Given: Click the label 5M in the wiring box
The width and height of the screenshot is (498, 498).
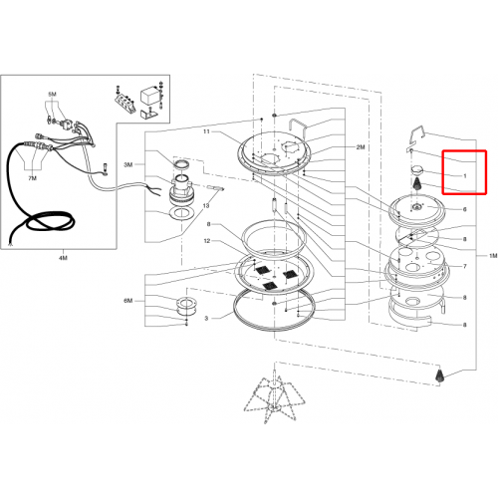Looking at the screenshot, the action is (52, 95).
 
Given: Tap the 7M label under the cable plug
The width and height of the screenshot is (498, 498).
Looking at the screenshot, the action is (32, 178).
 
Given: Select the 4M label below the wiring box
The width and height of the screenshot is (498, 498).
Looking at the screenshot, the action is (63, 258).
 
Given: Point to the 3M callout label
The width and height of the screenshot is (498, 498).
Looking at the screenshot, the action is (128, 164).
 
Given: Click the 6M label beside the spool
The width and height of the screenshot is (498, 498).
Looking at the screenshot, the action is (128, 301).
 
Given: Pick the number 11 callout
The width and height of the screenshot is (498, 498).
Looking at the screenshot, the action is (206, 131).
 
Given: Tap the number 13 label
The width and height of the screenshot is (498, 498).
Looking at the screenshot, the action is (206, 206).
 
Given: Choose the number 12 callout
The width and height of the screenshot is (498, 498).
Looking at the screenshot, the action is (207, 241).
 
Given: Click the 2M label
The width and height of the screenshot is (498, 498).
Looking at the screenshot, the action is (361, 147).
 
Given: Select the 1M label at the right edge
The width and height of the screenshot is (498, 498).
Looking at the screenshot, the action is (493, 256).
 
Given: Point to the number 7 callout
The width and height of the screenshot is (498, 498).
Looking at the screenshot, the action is (465, 266).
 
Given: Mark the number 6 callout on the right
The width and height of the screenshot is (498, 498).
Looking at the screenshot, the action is (465, 209).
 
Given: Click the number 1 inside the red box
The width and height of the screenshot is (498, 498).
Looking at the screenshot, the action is (465, 176).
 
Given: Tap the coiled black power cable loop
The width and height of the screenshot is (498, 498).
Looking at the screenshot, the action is (50, 222).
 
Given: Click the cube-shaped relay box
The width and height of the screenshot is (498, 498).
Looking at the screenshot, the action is (148, 97).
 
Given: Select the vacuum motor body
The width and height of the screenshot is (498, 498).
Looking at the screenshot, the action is (181, 191).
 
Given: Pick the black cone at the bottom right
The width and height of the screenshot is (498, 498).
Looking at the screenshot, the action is (439, 375).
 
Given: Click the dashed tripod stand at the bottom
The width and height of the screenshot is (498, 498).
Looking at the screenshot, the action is (273, 395).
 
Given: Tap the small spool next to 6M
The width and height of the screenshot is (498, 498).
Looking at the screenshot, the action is (186, 307).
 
